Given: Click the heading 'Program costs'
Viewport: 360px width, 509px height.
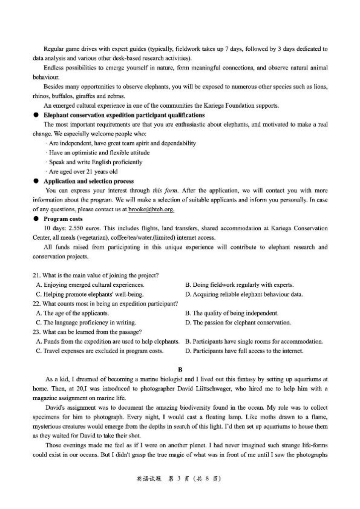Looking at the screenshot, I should tap(63, 219).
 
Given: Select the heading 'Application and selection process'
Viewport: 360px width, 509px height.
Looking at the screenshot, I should tap(88, 181).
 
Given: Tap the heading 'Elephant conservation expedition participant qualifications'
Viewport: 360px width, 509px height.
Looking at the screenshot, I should tap(124, 115).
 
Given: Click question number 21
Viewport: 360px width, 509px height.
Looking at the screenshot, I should tap(37, 275).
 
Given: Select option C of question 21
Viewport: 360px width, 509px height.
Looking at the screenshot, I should tap(89, 294).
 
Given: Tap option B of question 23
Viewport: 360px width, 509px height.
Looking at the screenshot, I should tap(254, 342).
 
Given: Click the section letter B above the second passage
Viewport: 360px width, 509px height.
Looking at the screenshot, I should tap(180, 369).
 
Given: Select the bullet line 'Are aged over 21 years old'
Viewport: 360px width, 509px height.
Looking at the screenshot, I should tap(83, 172).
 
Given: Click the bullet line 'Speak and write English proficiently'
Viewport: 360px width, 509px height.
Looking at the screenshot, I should tap(95, 162).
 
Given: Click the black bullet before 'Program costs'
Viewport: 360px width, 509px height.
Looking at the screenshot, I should tap(36, 219).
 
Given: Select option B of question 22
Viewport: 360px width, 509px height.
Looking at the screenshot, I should tap(232, 313).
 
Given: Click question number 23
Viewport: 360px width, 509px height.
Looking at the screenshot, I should tap(37, 332).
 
